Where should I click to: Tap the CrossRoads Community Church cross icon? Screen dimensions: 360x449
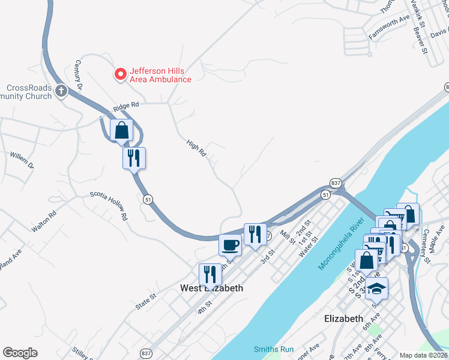pos(61,91)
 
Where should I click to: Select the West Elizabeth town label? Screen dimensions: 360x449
pos(212,288)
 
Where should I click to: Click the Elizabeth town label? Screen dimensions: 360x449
pos(343,319)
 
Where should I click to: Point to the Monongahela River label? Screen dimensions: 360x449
pos(341,244)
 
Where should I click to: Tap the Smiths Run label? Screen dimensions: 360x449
pos(274,349)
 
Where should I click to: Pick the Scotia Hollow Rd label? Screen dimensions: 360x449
pos(109,204)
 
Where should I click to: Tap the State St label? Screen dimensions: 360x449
pos(146,301)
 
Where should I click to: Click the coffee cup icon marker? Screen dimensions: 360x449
pos(231,245)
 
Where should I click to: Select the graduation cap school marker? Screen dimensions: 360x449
pos(376,289)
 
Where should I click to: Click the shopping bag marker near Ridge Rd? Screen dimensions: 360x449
pos(122,130)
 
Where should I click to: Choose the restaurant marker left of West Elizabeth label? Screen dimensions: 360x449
pos(210,274)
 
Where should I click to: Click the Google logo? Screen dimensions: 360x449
pos(20,353)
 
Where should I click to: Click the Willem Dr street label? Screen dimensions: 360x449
pos(22,160)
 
